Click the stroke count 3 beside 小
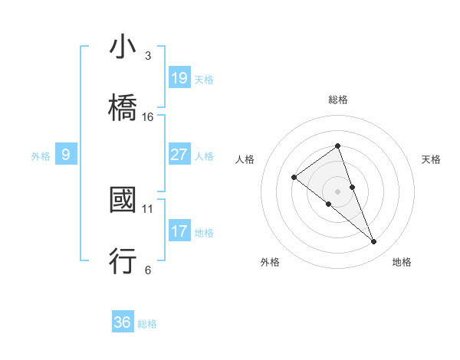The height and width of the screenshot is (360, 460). [x=148, y=56]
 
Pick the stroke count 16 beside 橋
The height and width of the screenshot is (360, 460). [x=148, y=116]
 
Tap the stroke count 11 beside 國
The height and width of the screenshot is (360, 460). [x=148, y=208]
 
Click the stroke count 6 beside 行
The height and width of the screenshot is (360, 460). [x=148, y=269]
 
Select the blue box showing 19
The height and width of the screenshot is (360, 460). [x=179, y=77]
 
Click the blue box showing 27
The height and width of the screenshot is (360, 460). [x=179, y=155]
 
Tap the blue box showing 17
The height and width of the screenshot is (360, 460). [x=179, y=231]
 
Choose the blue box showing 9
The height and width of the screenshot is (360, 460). [x=66, y=155]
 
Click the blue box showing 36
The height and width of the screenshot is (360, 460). [x=123, y=322]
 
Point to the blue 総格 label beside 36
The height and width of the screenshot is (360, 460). [x=147, y=324]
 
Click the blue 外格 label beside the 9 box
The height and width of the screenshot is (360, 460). [x=41, y=156]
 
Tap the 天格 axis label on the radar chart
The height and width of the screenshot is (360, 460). [x=431, y=159]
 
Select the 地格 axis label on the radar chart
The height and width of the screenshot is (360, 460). [x=402, y=262]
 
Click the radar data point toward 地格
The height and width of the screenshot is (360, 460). [x=373, y=242]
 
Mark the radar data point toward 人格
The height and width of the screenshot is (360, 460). [x=294, y=178]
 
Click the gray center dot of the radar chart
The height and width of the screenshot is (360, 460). [x=337, y=191]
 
